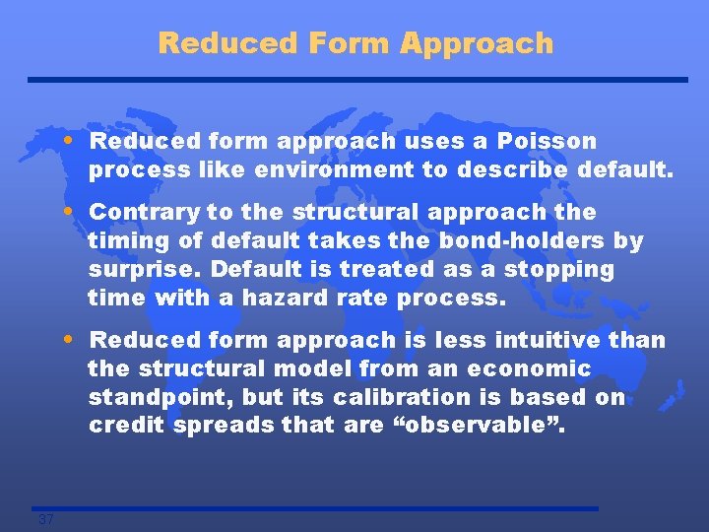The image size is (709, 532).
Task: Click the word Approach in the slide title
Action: click(x=478, y=44)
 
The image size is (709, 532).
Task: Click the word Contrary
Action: click(x=147, y=213)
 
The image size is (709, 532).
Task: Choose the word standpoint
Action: click(x=154, y=398)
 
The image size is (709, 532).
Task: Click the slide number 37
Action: click(x=45, y=520)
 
